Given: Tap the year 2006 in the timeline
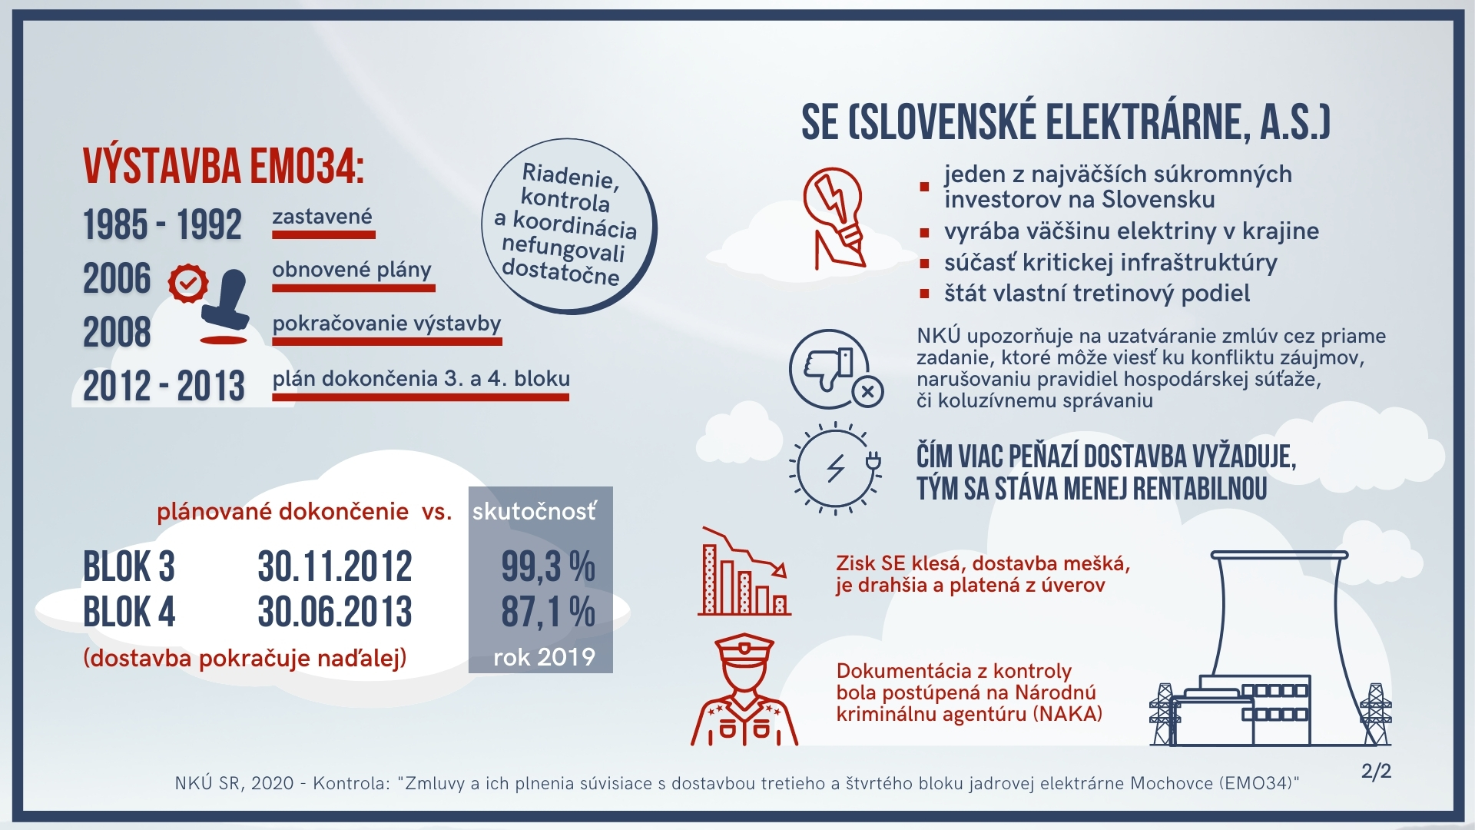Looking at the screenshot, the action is (x=117, y=278).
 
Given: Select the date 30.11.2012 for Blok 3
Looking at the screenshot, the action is (x=335, y=567).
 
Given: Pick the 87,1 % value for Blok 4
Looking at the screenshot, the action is (x=548, y=613).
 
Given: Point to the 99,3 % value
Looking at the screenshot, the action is (x=548, y=567).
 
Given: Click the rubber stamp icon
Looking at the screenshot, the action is (x=225, y=306).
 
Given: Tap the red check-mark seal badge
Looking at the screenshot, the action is (x=188, y=283).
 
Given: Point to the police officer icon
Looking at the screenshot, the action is (x=744, y=689).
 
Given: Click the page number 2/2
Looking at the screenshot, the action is (x=1376, y=771).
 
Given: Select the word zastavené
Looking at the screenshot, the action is (x=322, y=217).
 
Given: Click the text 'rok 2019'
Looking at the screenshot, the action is (x=544, y=657).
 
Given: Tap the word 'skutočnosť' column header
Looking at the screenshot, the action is (x=534, y=512).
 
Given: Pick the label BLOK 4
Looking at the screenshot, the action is (x=129, y=613).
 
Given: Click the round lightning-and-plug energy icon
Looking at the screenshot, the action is (x=835, y=467).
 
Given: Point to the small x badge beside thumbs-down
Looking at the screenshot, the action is (x=867, y=392).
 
